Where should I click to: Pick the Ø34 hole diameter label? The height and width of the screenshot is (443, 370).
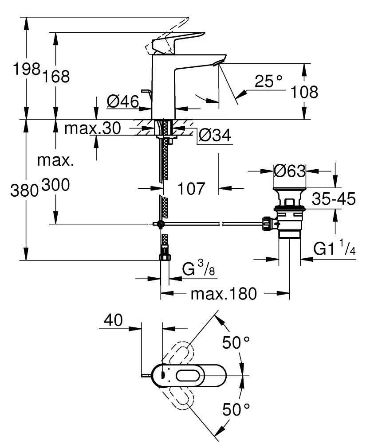(215, 136)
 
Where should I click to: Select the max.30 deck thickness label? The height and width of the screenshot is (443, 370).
(92, 128)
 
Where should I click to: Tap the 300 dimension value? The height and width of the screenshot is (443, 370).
(55, 186)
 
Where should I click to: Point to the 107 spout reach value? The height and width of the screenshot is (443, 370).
(191, 189)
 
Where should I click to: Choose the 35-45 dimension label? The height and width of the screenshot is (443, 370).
(333, 199)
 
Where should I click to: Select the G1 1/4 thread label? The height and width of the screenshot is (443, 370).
(335, 249)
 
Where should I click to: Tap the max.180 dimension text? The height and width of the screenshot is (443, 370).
(224, 293)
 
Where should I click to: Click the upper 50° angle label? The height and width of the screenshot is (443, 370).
(236, 343)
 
